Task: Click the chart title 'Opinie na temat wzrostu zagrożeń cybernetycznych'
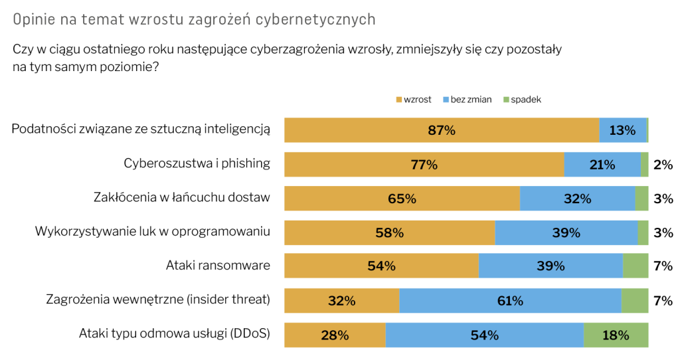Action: [194, 20]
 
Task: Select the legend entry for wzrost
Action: [414, 100]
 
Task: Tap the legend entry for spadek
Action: [522, 100]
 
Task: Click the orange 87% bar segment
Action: [442, 130]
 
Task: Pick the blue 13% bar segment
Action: [622, 130]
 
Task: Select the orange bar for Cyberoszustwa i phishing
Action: [424, 165]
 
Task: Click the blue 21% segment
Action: [602, 165]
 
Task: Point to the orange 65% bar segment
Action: [402, 199]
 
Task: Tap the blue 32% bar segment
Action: [577, 199]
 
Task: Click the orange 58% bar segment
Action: [389, 232]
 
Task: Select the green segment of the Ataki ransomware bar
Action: [636, 266]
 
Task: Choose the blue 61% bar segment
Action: [510, 301]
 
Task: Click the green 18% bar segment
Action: [616, 335]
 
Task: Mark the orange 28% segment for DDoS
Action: [335, 335]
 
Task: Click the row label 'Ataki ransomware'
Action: [218, 266]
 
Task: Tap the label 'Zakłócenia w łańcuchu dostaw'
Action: [182, 197]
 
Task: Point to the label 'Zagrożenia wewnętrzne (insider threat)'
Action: [158, 300]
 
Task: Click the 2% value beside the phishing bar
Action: [663, 165]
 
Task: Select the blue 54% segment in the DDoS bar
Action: [484, 335]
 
